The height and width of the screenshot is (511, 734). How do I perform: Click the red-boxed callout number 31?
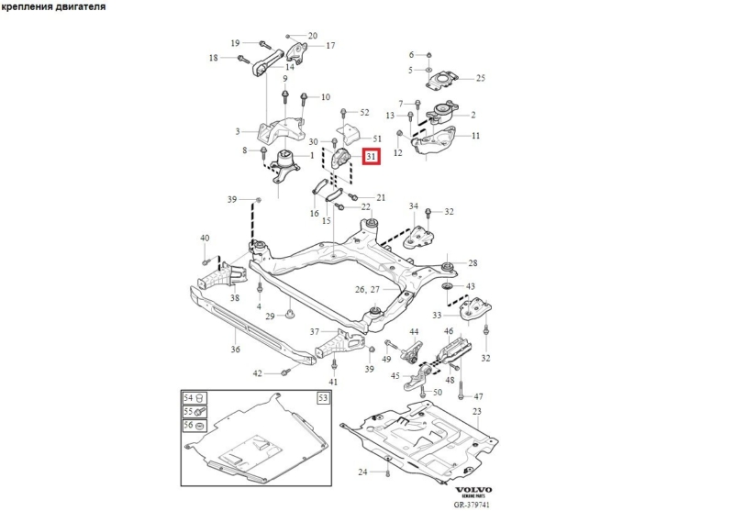click(371, 157)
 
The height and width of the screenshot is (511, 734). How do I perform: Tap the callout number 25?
click(480, 78)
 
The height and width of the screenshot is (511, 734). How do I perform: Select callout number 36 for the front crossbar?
click(236, 349)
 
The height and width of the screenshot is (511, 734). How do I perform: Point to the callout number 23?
click(476, 411)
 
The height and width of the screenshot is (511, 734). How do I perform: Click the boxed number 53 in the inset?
click(323, 398)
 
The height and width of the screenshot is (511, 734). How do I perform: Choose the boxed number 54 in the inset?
click(190, 398)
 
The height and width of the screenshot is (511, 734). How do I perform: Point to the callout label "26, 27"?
click(367, 289)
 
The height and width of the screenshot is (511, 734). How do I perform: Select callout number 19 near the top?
click(235, 43)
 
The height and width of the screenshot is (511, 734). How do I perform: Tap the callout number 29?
click(270, 317)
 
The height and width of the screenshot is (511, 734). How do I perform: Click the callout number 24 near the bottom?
click(362, 472)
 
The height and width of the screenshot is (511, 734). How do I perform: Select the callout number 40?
click(205, 239)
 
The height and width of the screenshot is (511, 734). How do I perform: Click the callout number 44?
click(414, 331)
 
